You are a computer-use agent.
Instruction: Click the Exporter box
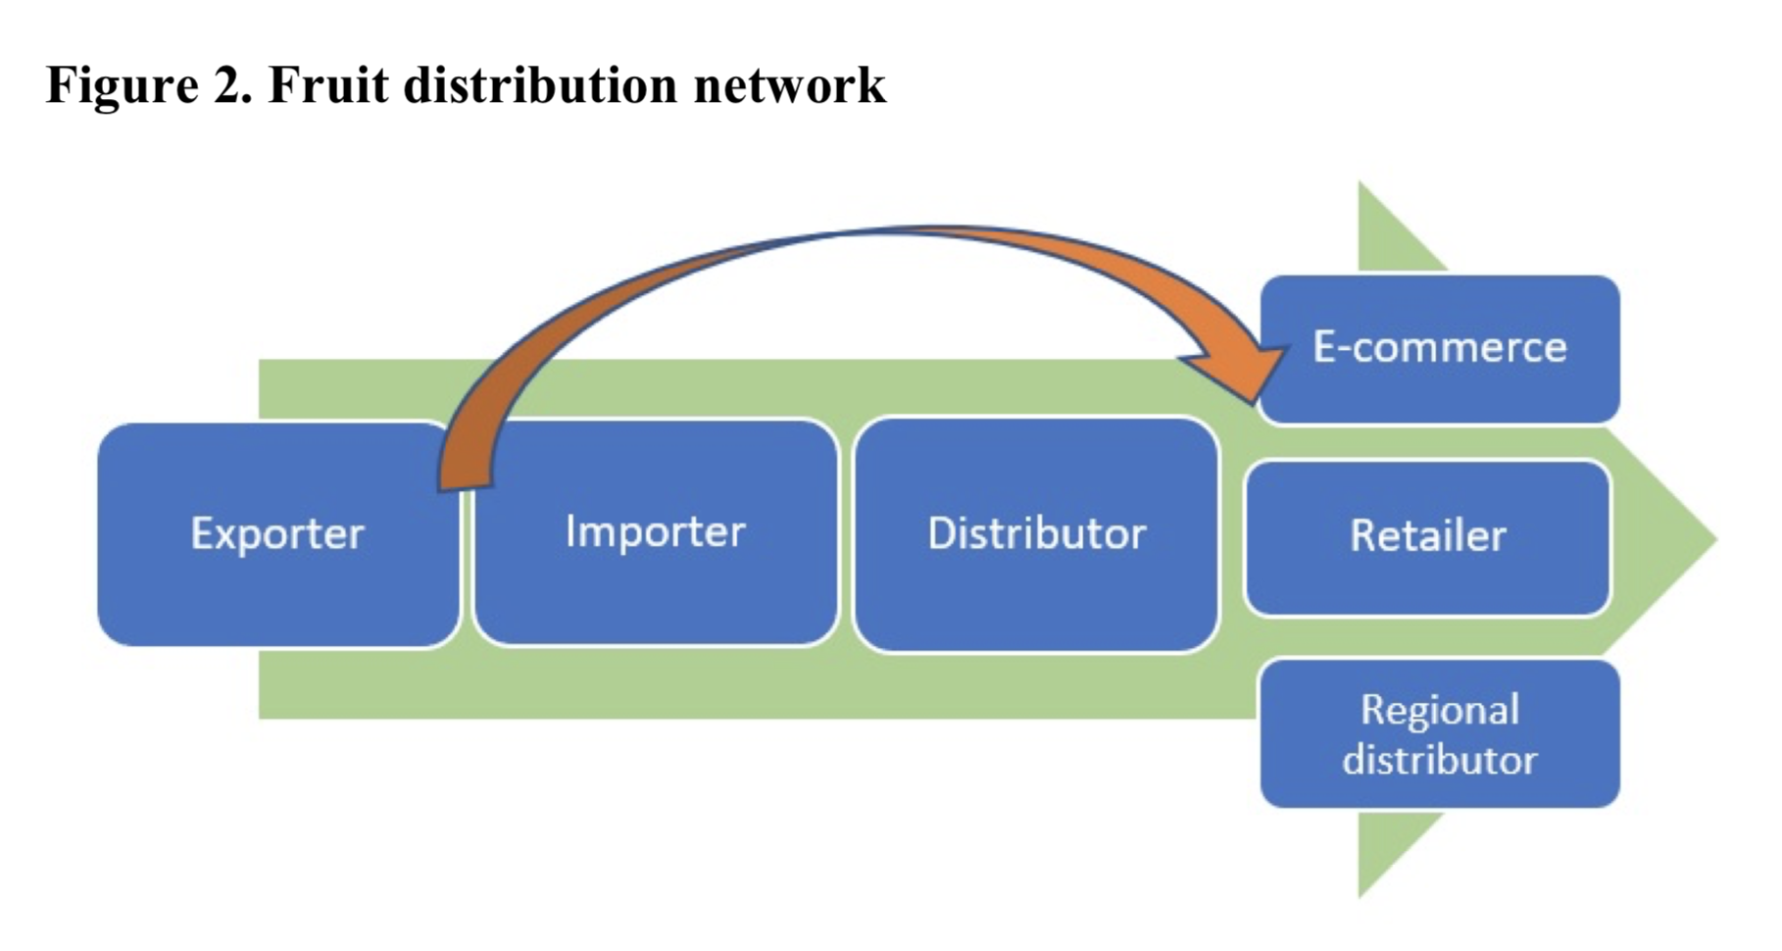278,534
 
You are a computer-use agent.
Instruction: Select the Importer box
656,532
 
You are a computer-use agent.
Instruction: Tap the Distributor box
1036,534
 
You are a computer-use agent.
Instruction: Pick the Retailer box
1427,537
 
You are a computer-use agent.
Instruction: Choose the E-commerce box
1440,349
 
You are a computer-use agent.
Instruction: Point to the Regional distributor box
1440,733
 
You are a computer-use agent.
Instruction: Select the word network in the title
790,84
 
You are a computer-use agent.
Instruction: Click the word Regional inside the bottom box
1440,711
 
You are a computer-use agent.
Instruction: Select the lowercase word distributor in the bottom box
1440,760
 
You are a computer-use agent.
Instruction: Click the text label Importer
656,532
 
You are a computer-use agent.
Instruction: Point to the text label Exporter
278,534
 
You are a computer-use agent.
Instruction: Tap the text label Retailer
1428,536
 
